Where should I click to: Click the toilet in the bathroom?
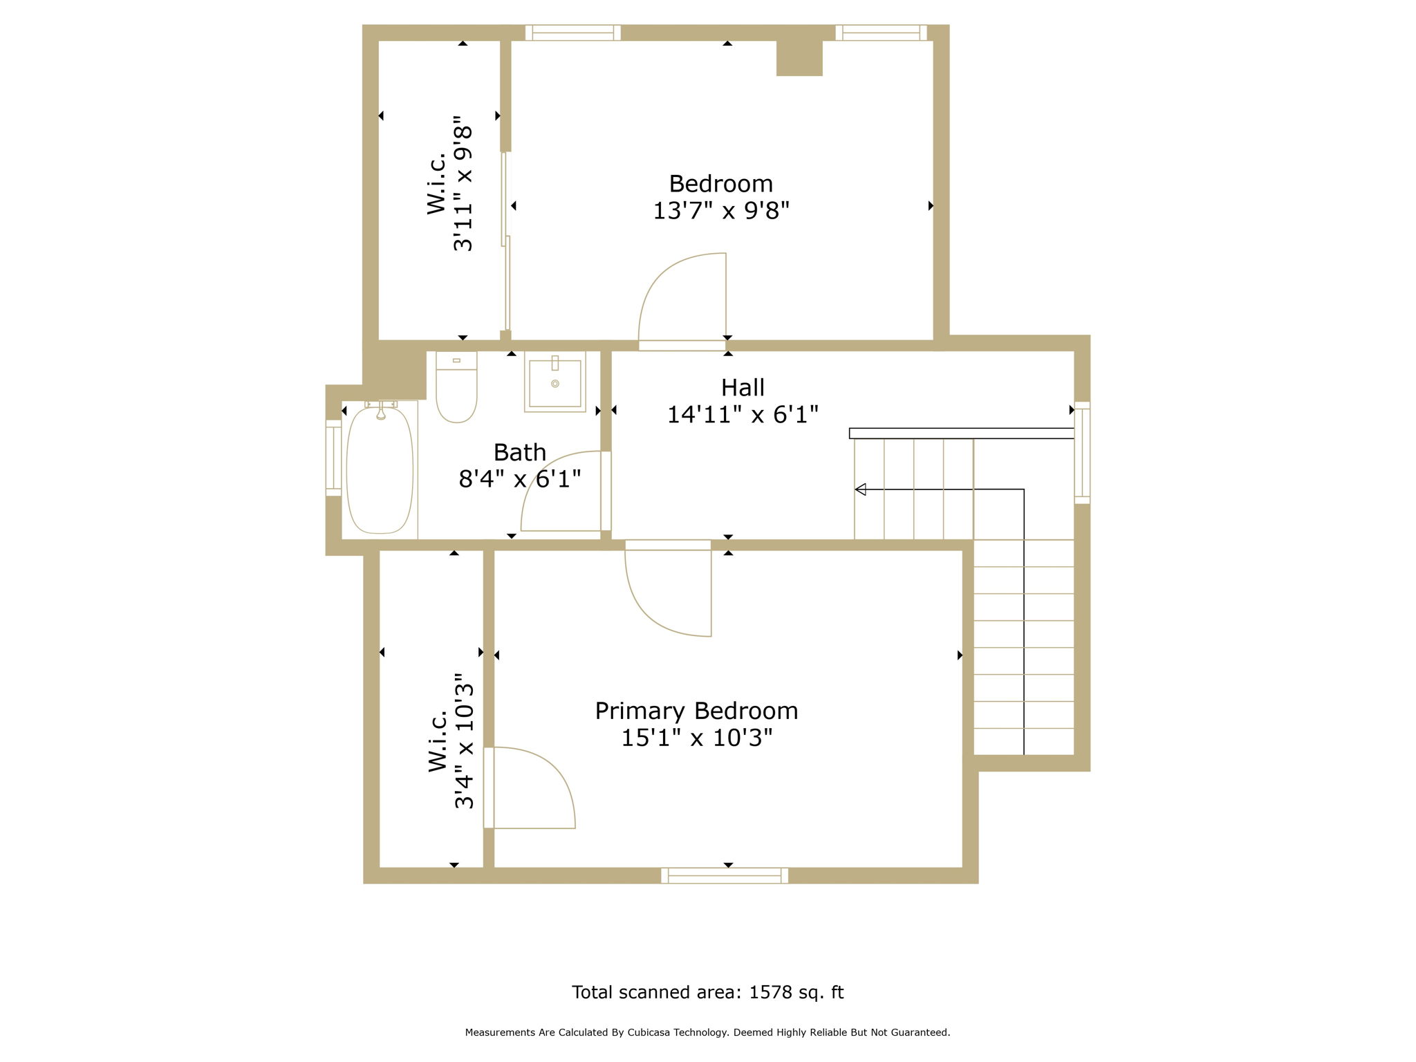[x=456, y=386]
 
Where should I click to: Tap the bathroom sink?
[x=555, y=382]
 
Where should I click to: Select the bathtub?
[x=380, y=469]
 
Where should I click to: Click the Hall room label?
[x=743, y=387]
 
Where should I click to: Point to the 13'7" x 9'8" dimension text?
[x=721, y=210]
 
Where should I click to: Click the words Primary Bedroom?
[x=696, y=711]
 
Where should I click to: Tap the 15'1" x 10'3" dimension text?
[x=696, y=738]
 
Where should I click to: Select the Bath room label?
[x=519, y=452]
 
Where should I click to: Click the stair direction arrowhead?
[x=860, y=490]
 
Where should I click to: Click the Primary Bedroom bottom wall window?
[x=725, y=875]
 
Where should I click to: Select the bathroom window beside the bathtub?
[x=333, y=458]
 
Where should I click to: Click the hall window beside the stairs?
[x=1082, y=453]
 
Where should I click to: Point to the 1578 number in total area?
[x=770, y=992]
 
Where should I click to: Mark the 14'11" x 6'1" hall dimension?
[x=743, y=415]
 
